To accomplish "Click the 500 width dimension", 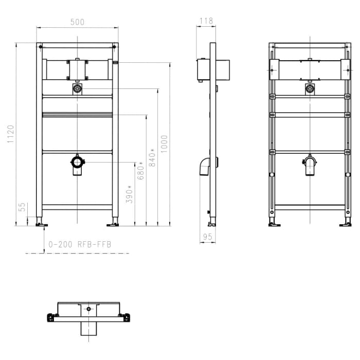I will coord(77,22).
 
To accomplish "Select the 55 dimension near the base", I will coord(22,207).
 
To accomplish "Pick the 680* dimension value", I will coord(140,171).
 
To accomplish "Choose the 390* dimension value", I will coord(130,194).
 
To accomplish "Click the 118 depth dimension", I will coord(206,21).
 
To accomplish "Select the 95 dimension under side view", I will coord(207,237).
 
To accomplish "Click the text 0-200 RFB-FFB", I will coord(80,245).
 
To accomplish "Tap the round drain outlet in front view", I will coord(77,163).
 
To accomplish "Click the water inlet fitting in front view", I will coord(77,89).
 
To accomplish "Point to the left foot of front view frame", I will coord(40,224).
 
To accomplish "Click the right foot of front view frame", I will coord(113,224).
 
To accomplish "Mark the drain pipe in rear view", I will coord(310,166).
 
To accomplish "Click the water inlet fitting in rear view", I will coord(310,89).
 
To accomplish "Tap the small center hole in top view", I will coord(88,309).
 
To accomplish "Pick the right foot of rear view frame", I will coord(346,224).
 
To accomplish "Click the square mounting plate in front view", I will coord(77,70).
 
